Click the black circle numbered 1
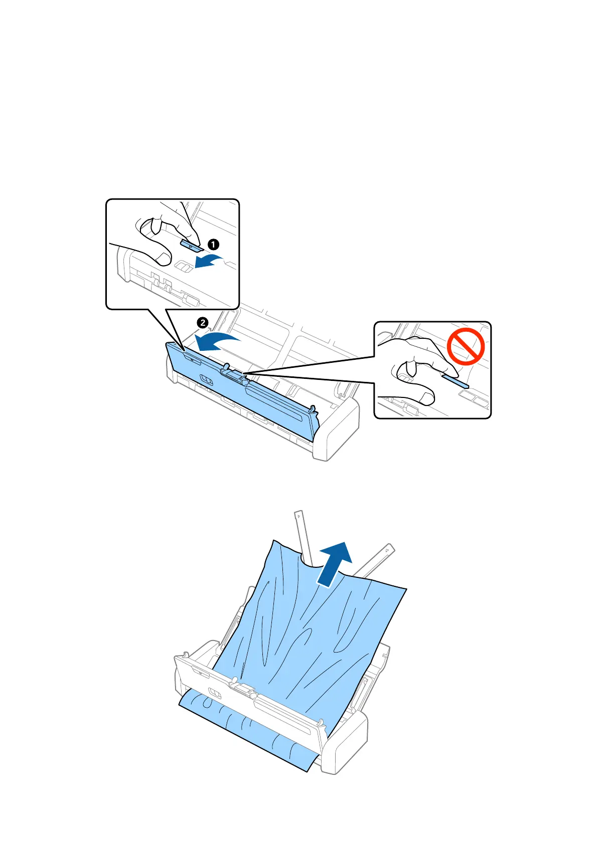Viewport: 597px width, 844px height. tap(213, 245)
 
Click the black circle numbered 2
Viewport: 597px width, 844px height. tap(202, 323)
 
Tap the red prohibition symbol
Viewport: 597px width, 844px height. tap(466, 346)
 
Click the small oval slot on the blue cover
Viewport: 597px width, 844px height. tap(206, 379)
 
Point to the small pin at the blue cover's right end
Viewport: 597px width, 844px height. tap(313, 408)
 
